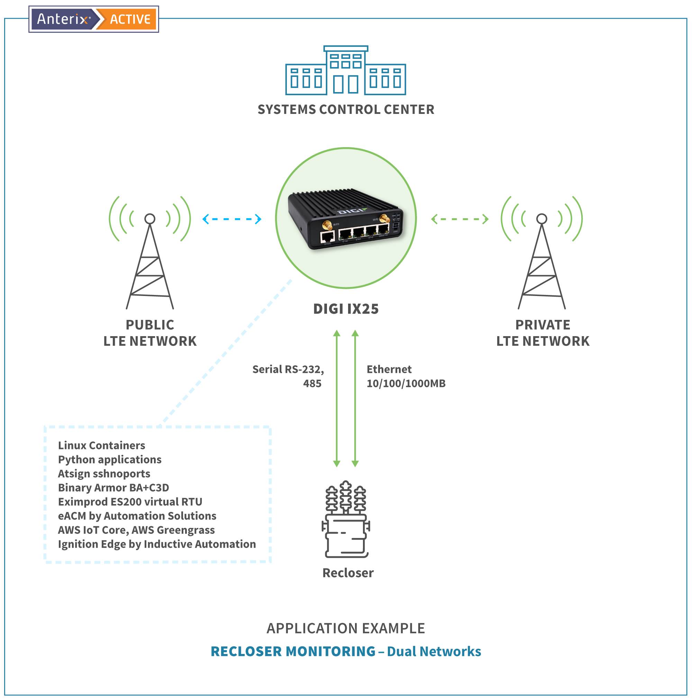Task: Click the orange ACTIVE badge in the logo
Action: point(130,19)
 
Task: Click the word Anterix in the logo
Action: point(62,19)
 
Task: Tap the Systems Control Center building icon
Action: point(345,71)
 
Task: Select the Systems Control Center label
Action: point(345,109)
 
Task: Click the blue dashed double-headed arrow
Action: point(232,219)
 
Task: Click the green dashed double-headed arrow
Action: point(459,219)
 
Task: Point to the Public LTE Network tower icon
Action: point(150,261)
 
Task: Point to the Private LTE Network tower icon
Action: point(541,261)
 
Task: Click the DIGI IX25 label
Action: point(345,309)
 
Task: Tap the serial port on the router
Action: point(327,237)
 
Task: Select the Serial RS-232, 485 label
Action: point(288,376)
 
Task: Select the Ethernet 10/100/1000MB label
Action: point(406,376)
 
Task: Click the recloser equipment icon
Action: point(345,520)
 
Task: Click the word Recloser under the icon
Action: point(348,573)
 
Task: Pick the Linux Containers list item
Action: point(101,445)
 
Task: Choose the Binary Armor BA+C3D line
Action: point(113,488)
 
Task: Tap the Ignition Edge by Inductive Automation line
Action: point(157,544)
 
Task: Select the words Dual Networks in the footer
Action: point(434,652)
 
